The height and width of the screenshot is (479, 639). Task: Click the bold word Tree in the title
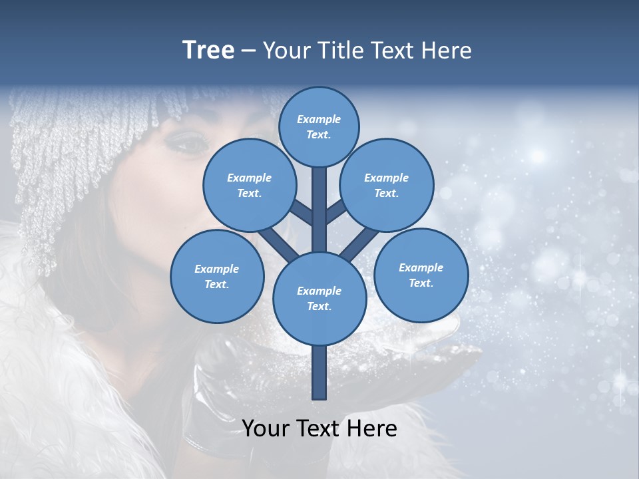(x=208, y=50)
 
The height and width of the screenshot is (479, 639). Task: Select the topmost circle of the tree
(x=319, y=126)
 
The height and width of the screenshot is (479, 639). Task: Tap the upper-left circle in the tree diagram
(x=250, y=185)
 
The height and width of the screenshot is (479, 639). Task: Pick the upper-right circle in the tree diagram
(x=387, y=185)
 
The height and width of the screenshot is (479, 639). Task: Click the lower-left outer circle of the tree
(x=217, y=276)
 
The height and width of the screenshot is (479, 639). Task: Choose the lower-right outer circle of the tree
(x=421, y=275)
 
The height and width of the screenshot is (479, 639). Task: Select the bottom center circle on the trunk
(x=319, y=298)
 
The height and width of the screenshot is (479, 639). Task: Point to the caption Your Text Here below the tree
(x=319, y=428)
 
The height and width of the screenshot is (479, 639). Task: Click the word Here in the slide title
(x=446, y=50)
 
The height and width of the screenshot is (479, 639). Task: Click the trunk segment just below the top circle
(x=319, y=200)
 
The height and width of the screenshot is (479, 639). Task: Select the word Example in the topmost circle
(x=319, y=119)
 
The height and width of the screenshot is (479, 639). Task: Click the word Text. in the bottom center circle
(x=319, y=306)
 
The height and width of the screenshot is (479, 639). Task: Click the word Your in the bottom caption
(x=266, y=428)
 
